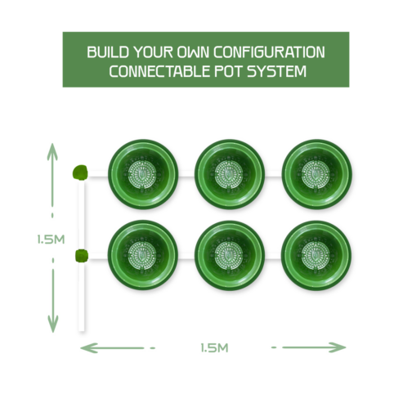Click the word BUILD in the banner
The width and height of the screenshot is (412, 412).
coord(107,52)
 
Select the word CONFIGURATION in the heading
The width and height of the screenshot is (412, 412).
coord(269,52)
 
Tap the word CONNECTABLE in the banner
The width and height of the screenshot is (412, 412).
coord(159,71)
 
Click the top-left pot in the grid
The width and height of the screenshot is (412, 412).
coord(143,174)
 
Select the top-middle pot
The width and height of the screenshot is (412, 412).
coord(230,174)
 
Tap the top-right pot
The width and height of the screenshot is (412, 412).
coord(316,174)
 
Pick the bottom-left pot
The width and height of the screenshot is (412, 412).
coord(143,255)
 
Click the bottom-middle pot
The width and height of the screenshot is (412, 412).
coord(230,255)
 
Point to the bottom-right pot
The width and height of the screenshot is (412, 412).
coord(316,255)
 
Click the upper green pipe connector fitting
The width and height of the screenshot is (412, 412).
coord(80,172)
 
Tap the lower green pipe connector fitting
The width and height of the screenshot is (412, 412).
coord(82,256)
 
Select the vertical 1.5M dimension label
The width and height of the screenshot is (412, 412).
coord(51,240)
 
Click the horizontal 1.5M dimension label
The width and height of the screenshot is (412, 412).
coord(214,348)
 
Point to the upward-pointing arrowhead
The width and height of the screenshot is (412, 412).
coord(52,152)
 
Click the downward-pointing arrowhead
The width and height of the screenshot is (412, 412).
coord(53,324)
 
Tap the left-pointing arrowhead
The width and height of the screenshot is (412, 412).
coord(89,348)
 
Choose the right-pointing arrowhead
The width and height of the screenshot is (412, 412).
coord(338,347)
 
